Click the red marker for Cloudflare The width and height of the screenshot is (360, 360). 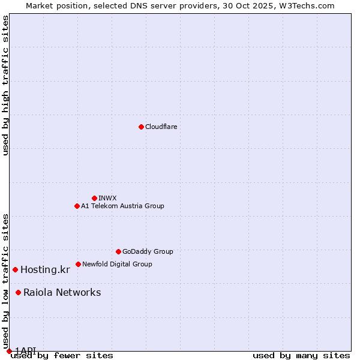pyautogui.click(x=141, y=127)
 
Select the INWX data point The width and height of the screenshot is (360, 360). pyautogui.click(x=94, y=198)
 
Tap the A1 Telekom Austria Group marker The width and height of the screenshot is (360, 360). pyautogui.click(x=77, y=206)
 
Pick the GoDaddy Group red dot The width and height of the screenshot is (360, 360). pyautogui.click(x=118, y=251)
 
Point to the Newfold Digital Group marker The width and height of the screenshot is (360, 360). pyautogui.click(x=78, y=264)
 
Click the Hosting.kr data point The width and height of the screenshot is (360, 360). pyautogui.click(x=15, y=269)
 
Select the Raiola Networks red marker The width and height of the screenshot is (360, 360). pyautogui.click(x=18, y=292)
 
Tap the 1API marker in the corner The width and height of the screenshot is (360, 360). pyautogui.click(x=9, y=351)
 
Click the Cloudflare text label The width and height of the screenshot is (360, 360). pyautogui.click(x=161, y=127)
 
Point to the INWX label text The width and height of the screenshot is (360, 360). pyautogui.click(x=107, y=198)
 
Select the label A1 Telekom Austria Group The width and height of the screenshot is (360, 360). pyautogui.click(x=122, y=206)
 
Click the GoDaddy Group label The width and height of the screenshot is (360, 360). pyautogui.click(x=148, y=251)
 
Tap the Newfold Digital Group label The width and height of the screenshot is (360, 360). pyautogui.click(x=117, y=264)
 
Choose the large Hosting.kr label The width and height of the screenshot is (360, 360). pyautogui.click(x=45, y=269)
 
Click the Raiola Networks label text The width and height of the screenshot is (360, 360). pyautogui.click(x=62, y=292)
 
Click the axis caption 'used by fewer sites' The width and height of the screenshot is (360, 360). pyautogui.click(x=62, y=356)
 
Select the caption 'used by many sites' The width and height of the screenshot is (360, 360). pyautogui.click(x=301, y=356)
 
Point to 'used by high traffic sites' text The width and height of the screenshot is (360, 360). pyautogui.click(x=6, y=85)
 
